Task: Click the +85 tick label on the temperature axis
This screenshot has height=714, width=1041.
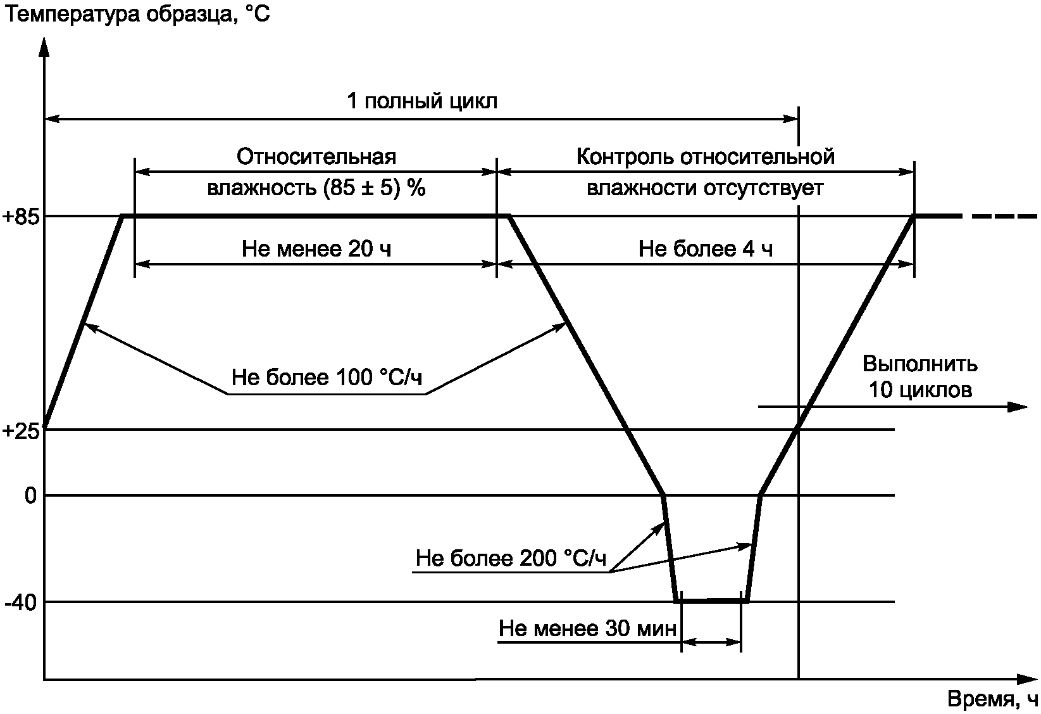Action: [21, 217]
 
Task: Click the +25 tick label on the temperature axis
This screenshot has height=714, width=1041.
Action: [21, 431]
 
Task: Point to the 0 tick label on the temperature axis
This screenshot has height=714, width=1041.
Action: [30, 495]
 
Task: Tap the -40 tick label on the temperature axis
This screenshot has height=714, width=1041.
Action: [20, 602]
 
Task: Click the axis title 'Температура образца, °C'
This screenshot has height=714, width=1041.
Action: [137, 14]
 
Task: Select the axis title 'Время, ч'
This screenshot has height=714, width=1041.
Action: [993, 699]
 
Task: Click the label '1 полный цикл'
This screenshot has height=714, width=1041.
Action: [422, 101]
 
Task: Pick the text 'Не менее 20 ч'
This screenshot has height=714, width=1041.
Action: [316, 249]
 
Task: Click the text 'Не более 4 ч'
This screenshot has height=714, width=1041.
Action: [706, 249]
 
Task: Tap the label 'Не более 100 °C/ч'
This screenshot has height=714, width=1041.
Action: [327, 378]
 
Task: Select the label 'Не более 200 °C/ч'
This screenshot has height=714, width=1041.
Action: [511, 559]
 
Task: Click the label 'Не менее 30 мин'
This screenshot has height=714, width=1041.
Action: [588, 628]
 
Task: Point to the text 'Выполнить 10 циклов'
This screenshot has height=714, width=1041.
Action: [920, 377]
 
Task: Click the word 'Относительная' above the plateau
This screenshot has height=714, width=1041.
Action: [316, 156]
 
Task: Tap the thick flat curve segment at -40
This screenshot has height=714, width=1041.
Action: [712, 601]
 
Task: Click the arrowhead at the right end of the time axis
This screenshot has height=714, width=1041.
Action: [1028, 679]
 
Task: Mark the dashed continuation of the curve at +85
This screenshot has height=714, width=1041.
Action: [1003, 217]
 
